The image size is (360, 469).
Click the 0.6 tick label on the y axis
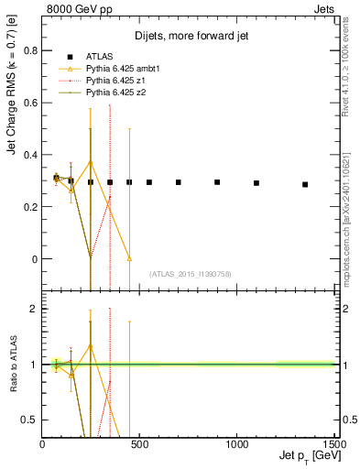tap(30, 103)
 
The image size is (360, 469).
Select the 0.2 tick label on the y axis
tap(30, 207)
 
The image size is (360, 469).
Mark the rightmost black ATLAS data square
tap(305, 184)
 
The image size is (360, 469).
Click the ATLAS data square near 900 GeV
tap(217, 182)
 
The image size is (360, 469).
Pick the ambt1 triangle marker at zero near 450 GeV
tap(129, 259)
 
